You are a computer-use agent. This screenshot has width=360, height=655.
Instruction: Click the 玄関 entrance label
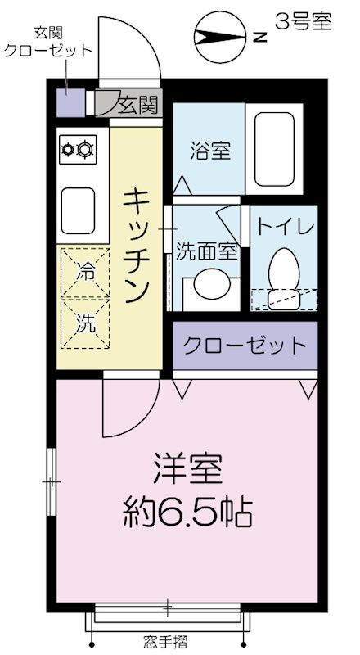coord(137,104)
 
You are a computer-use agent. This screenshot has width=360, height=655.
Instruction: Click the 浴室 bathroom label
coord(210,151)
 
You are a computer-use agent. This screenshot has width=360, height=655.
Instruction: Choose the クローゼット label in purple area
coord(244,345)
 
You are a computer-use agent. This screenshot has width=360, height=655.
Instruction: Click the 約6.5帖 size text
coord(187,513)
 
